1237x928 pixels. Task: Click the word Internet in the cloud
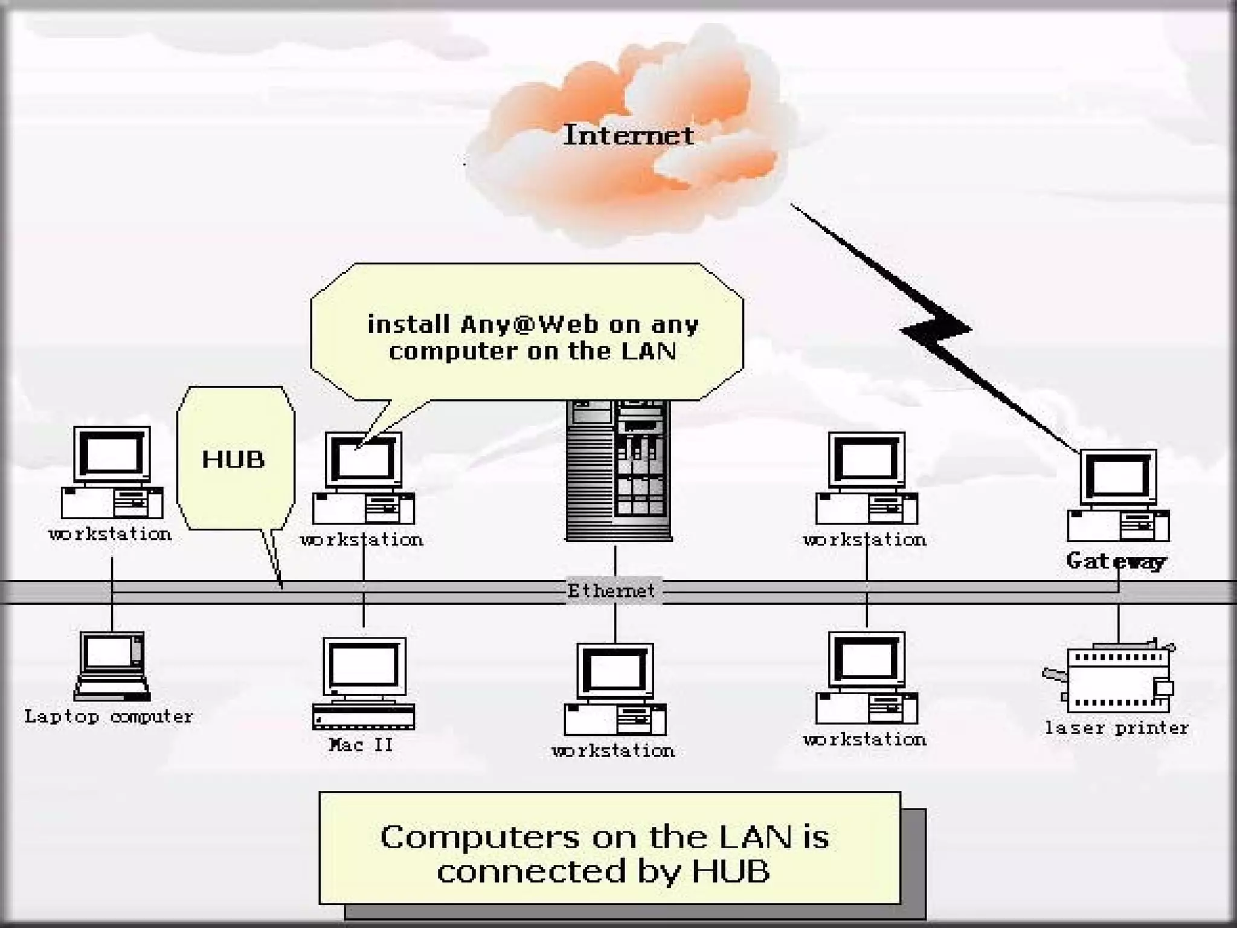[628, 135]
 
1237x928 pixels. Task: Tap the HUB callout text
[233, 459]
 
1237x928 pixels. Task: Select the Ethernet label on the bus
[611, 591]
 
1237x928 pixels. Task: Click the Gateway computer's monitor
[1118, 477]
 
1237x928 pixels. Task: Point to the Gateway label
[1116, 561]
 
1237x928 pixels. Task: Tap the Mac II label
[361, 744]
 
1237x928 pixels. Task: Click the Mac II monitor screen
[364, 665]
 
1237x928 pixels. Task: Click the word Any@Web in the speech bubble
[529, 324]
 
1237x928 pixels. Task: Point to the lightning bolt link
[936, 329]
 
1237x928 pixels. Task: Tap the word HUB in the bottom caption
[731, 871]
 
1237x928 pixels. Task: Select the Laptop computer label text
[109, 717]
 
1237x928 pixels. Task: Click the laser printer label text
[1117, 728]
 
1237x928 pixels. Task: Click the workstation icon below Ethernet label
[615, 689]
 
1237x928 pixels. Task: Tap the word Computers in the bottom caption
[480, 837]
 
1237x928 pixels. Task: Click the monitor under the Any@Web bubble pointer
[364, 460]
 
